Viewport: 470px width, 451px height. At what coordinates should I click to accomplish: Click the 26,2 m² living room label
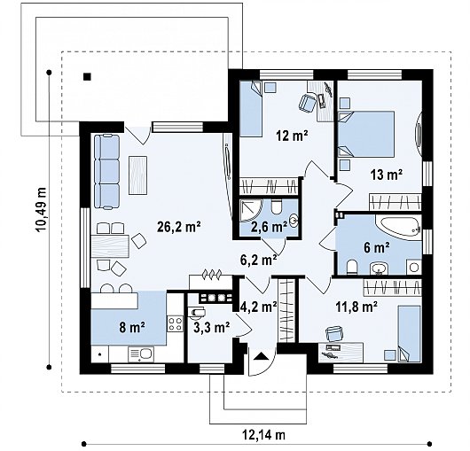(178, 227)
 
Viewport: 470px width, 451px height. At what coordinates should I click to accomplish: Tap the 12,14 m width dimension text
(263, 434)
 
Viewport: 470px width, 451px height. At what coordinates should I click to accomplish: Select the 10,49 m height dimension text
(41, 210)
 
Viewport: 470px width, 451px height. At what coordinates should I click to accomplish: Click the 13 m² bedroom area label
(387, 175)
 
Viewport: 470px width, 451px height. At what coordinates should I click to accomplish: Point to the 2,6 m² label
(269, 228)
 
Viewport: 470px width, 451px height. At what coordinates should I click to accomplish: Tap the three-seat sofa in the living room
(107, 171)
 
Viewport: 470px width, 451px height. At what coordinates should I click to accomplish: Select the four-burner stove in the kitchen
(176, 323)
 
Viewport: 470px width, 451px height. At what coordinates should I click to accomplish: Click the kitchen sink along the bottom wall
(141, 354)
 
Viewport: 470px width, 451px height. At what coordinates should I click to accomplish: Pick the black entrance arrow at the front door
(261, 356)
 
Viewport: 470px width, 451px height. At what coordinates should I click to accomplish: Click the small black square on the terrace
(87, 77)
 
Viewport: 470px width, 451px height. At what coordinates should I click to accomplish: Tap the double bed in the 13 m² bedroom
(366, 134)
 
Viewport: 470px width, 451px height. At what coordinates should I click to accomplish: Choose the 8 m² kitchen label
(132, 327)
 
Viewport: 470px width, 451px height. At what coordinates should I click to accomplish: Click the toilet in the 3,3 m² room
(196, 313)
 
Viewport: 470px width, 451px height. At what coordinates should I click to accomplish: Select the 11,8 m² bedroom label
(356, 307)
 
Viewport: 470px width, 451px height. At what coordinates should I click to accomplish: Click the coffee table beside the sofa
(137, 175)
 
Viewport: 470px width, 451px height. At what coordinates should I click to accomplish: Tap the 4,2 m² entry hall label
(259, 307)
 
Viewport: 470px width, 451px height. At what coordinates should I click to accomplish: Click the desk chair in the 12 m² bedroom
(308, 103)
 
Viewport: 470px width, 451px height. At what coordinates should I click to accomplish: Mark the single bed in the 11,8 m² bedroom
(410, 334)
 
